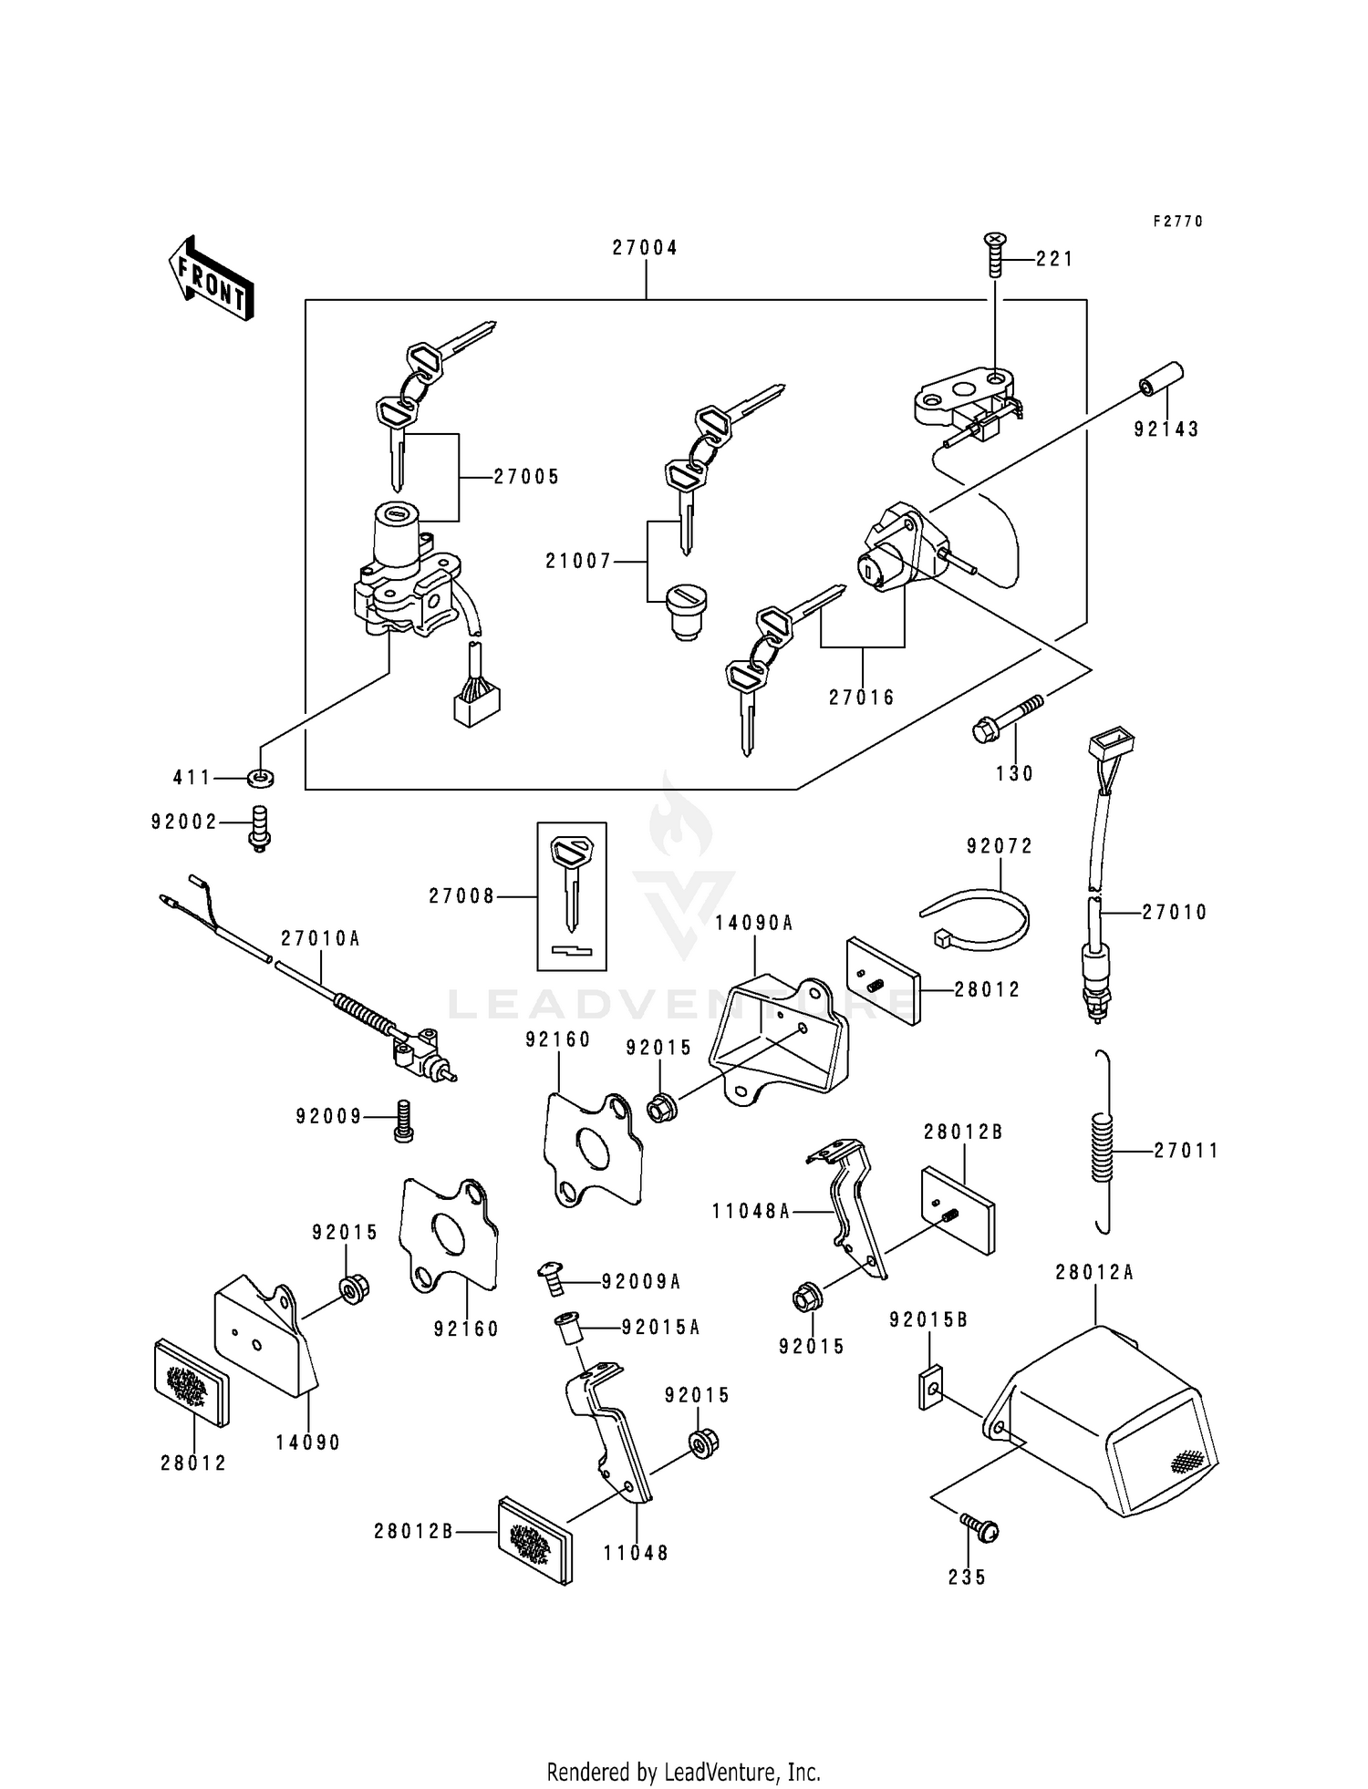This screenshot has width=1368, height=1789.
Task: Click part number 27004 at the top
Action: (x=645, y=248)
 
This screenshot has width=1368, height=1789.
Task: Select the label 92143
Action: (x=1166, y=429)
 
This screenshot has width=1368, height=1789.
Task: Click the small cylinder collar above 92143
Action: (x=1162, y=379)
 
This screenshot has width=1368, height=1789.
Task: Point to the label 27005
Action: (x=526, y=477)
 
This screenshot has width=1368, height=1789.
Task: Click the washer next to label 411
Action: (x=261, y=778)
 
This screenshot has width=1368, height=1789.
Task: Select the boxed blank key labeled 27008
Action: (x=572, y=895)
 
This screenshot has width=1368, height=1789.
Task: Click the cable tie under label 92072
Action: (x=976, y=915)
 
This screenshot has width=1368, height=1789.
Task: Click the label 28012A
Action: (x=1094, y=1272)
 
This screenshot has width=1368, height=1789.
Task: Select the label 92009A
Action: (x=641, y=1282)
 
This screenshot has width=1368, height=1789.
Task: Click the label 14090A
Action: (x=753, y=923)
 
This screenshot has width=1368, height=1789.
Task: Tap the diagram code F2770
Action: (x=1177, y=222)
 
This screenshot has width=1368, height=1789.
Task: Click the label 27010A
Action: (x=320, y=938)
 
